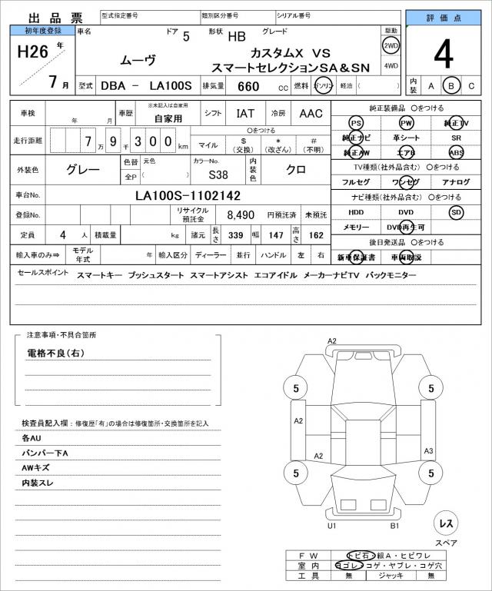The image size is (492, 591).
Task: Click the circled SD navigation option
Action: (x=457, y=211)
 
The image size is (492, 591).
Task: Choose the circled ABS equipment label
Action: (x=457, y=152)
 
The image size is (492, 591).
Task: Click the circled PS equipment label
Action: (x=355, y=123)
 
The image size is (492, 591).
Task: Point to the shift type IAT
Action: (x=245, y=114)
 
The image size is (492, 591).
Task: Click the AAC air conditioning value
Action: (x=311, y=114)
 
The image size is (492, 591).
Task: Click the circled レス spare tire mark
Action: (x=446, y=523)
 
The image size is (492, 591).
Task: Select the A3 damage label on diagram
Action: (x=429, y=451)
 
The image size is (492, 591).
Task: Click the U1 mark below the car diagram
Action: (x=332, y=526)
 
